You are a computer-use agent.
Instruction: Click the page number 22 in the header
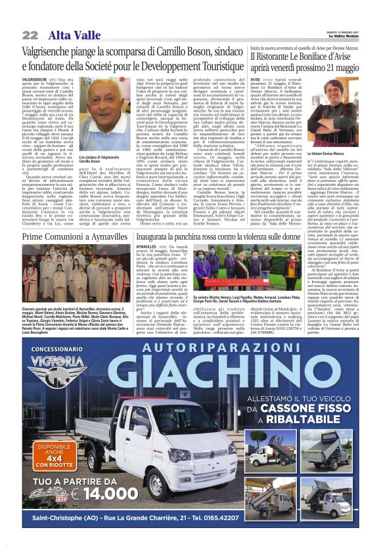(30, 34)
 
